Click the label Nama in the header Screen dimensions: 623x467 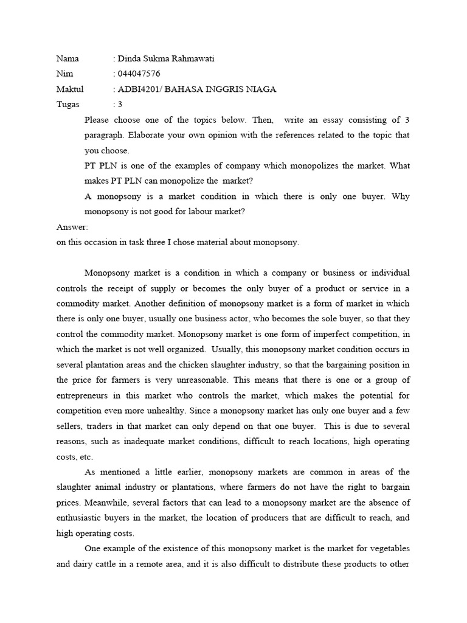(68, 59)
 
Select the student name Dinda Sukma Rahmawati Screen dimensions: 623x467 (165, 59)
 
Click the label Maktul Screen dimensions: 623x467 (70, 89)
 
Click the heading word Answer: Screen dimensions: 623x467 (72, 227)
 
